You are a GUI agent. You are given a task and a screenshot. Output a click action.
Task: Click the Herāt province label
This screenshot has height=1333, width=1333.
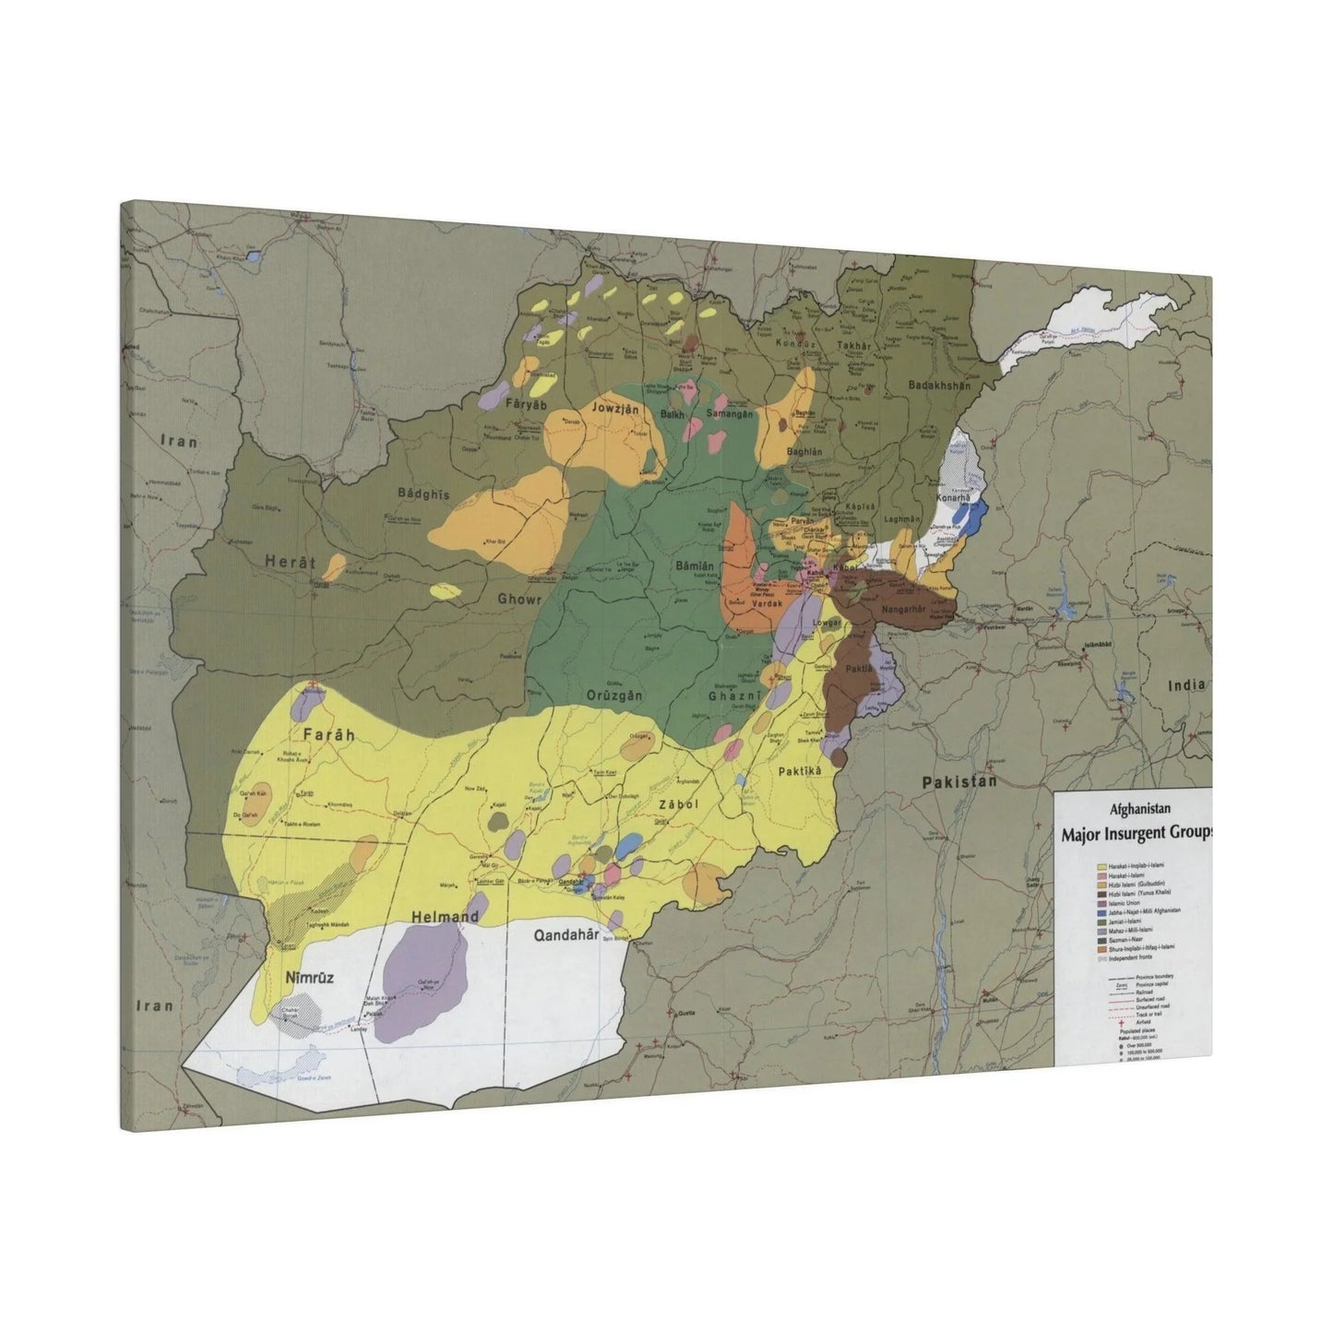[x=291, y=562]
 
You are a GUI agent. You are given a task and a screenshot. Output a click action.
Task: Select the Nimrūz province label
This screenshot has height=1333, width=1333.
[x=308, y=980]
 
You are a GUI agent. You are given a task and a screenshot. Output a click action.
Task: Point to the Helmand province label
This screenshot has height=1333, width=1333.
[x=446, y=916]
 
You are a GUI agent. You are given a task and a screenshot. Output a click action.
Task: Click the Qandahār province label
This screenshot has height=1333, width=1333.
[x=566, y=934]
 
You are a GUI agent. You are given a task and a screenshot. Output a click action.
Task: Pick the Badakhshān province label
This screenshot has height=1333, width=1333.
[x=939, y=386]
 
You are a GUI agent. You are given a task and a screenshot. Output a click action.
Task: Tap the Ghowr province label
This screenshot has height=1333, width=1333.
[x=520, y=598]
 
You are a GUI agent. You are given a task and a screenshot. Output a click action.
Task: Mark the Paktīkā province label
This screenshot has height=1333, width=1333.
[x=800, y=770]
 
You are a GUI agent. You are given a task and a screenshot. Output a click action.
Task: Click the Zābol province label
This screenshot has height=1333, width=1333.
[x=678, y=804]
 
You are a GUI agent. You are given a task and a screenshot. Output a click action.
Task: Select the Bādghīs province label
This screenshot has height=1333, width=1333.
[x=423, y=494]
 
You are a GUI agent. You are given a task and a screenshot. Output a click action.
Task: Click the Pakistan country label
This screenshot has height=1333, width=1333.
[x=959, y=781]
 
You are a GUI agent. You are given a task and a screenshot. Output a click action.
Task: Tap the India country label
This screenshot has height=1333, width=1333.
[x=1184, y=685]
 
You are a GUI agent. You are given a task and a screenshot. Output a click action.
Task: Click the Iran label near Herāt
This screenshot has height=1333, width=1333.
[x=179, y=441]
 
